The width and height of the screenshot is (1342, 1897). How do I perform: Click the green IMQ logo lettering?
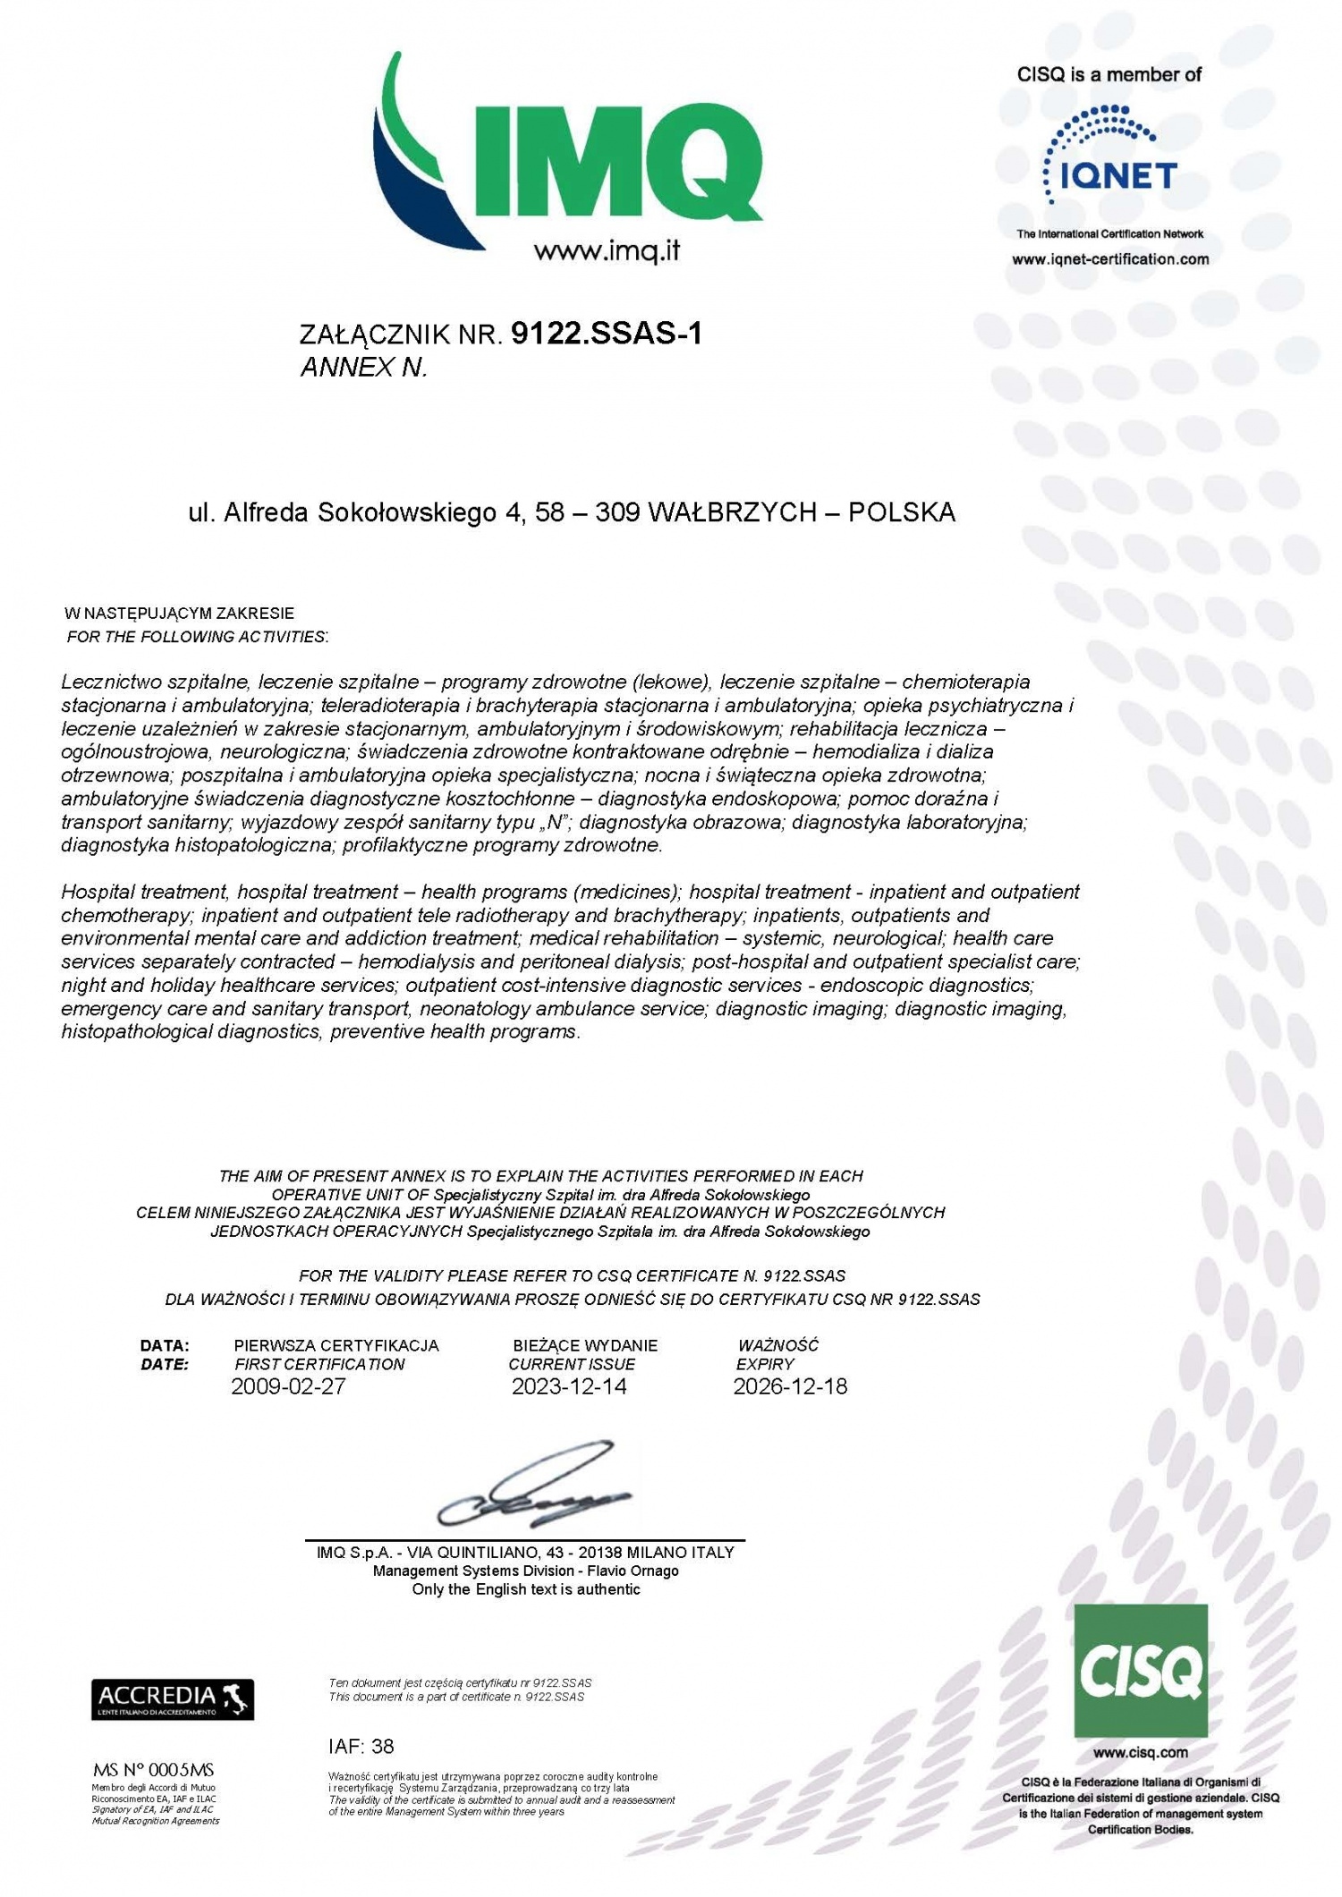pos(617,161)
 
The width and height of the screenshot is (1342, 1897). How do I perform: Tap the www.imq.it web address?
pos(607,251)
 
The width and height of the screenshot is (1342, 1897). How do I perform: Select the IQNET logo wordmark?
pos(1118,174)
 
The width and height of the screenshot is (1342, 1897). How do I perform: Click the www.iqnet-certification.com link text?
pos(1110,259)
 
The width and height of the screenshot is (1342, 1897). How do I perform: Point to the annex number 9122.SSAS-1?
pos(607,334)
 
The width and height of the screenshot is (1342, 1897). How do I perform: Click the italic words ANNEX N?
pos(363,368)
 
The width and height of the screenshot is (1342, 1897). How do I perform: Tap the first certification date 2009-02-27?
pos(288,1387)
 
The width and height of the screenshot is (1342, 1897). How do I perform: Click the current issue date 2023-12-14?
pos(569,1387)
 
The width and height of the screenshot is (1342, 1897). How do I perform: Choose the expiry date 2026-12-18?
pos(790,1387)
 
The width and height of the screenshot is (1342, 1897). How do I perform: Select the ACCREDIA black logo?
pos(173,1699)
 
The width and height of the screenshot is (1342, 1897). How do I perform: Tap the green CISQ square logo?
pos(1141,1670)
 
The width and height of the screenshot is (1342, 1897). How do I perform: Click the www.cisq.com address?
pos(1141,1752)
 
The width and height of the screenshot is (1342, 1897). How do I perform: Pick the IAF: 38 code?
pos(361,1746)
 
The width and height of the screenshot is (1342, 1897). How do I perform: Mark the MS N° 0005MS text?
pos(154,1770)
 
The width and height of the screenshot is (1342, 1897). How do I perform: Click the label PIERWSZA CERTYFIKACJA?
pos(336,1346)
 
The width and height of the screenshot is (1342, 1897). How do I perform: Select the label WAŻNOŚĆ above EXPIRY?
pos(777,1346)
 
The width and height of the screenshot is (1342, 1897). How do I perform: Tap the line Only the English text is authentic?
pos(526,1589)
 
